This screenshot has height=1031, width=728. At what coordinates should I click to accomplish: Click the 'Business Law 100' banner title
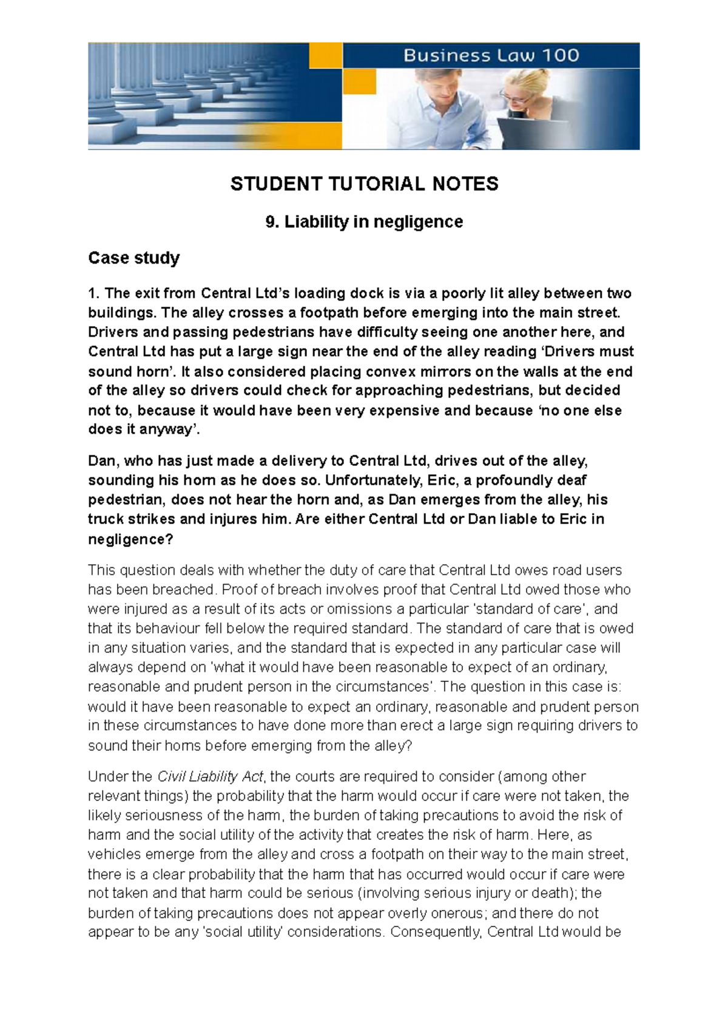click(491, 56)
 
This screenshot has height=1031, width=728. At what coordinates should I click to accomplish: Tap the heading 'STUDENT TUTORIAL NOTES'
click(364, 184)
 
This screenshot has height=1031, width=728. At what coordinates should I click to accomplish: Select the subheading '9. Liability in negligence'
click(364, 222)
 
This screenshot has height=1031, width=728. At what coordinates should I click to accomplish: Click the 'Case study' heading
click(133, 258)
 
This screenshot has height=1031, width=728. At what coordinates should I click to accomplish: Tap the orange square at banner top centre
click(326, 56)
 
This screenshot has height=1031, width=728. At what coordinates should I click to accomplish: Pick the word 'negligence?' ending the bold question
click(130, 539)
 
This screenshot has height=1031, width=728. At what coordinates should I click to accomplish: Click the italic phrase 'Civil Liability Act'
click(211, 777)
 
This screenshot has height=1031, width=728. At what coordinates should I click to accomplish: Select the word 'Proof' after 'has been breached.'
click(238, 590)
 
